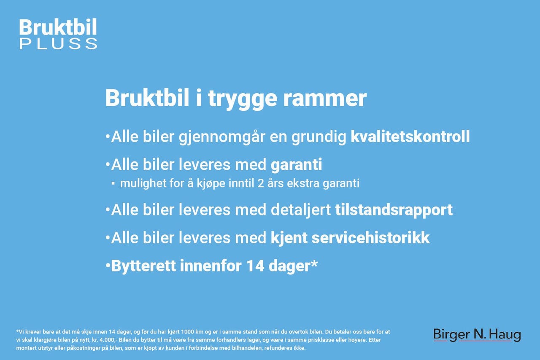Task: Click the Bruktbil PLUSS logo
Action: (x=58, y=34)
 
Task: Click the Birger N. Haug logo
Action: (x=477, y=335)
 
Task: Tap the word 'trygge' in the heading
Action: (x=243, y=99)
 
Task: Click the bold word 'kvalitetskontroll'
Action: (x=410, y=137)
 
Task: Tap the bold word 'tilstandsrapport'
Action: (x=394, y=210)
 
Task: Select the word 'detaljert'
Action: (x=301, y=210)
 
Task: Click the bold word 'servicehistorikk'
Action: (x=370, y=238)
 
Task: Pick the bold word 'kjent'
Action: (x=289, y=239)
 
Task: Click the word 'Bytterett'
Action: (x=143, y=266)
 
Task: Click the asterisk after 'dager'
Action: (x=314, y=263)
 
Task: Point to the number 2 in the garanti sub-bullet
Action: (x=261, y=184)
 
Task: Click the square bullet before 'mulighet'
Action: (x=113, y=184)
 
